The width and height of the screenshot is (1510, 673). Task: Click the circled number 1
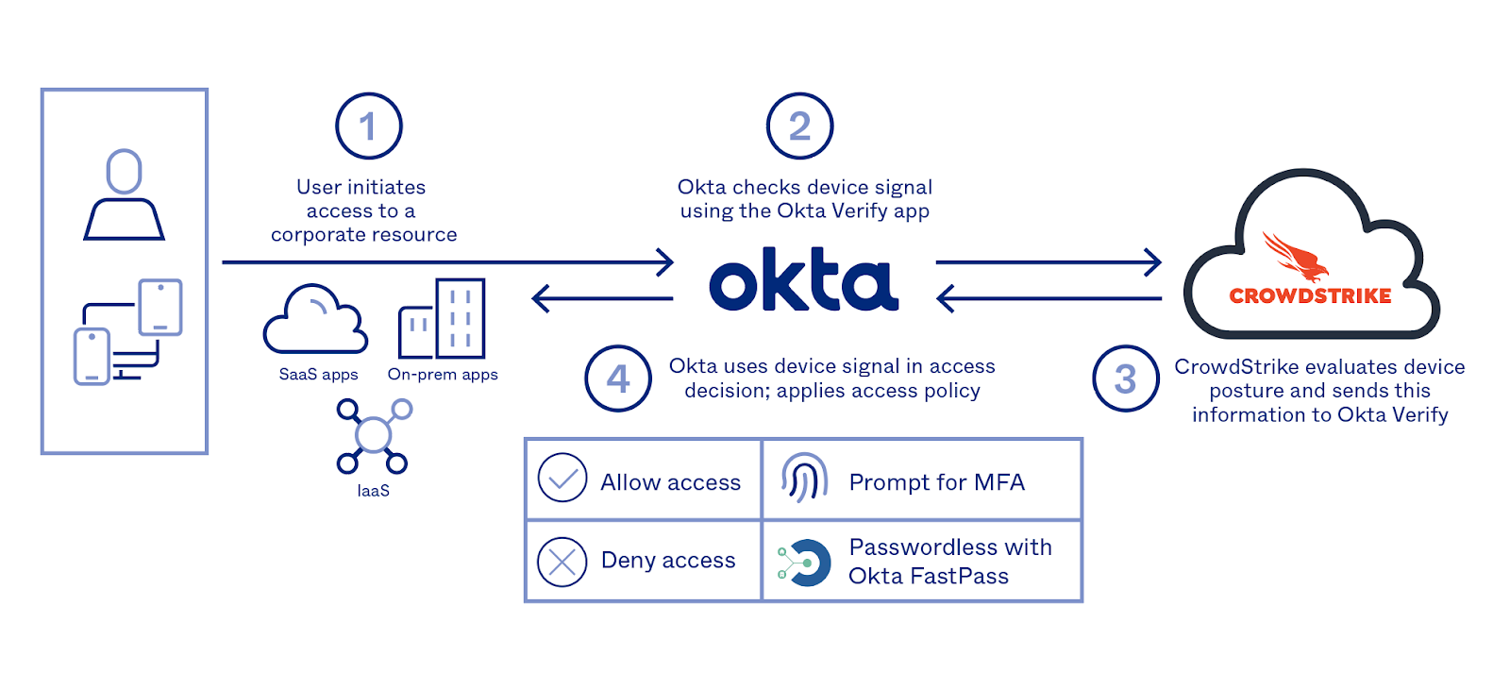(369, 126)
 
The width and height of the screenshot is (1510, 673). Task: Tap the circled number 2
(799, 126)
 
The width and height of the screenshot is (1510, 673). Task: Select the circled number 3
(1126, 379)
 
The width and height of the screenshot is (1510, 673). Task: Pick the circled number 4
(618, 379)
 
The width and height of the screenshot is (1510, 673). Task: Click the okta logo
(804, 280)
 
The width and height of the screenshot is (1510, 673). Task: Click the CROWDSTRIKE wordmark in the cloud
(1310, 296)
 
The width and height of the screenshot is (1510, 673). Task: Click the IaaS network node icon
(374, 436)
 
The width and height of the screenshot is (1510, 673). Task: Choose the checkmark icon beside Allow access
(562, 478)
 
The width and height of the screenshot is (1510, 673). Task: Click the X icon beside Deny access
(562, 562)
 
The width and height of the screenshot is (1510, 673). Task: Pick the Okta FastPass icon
(804, 564)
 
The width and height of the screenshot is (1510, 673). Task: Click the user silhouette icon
(125, 195)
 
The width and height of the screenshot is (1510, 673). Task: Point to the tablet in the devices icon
(160, 307)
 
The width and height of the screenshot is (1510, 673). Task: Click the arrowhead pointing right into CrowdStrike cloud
(1153, 262)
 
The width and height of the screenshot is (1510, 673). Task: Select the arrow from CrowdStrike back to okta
(1048, 299)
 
